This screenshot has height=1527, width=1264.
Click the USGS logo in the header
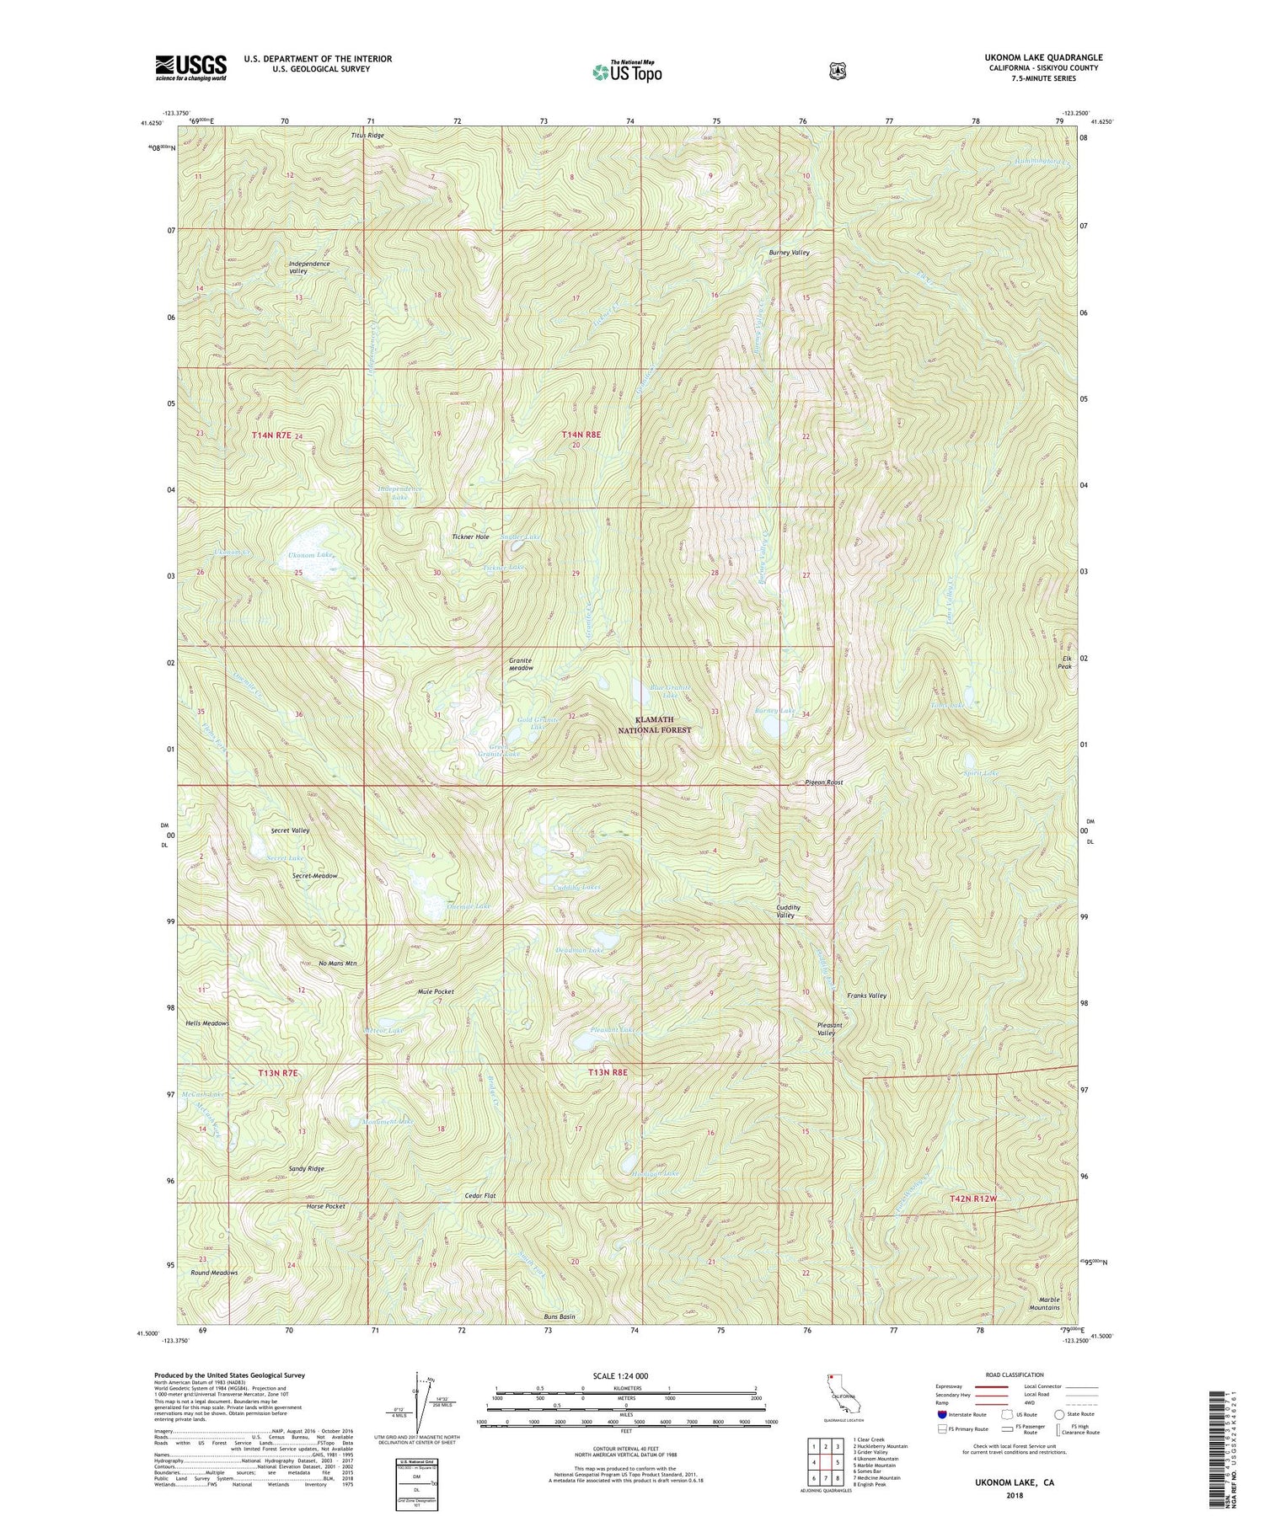(x=190, y=67)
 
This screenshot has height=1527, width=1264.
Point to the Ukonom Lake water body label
(x=311, y=556)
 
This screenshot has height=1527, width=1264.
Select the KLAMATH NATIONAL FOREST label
(x=664, y=726)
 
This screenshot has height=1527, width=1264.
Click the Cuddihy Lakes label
(x=577, y=887)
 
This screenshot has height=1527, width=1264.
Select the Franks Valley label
(x=866, y=996)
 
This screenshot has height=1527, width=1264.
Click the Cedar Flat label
(x=480, y=1196)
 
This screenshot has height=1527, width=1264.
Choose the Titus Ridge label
(x=367, y=136)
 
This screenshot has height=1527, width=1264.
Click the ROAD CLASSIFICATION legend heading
(x=1014, y=1375)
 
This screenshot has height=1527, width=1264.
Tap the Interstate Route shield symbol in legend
(x=942, y=1414)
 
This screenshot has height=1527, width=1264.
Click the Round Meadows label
(x=214, y=1273)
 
